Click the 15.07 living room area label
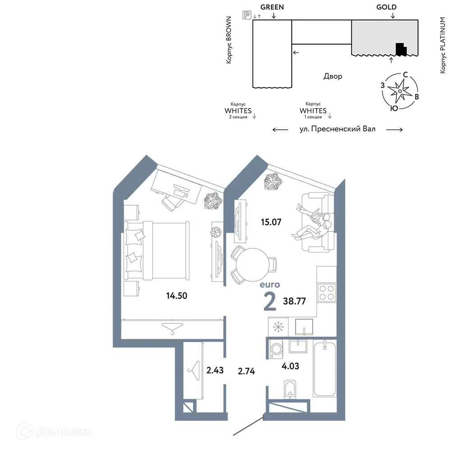click(271, 222)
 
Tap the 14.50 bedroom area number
click(177, 296)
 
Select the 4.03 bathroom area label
click(290, 366)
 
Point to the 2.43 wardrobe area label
click(215, 370)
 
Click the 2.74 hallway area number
click(246, 371)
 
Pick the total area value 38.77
click(294, 301)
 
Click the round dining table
click(252, 265)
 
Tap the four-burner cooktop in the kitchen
click(327, 293)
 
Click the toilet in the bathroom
click(290, 390)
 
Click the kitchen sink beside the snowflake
click(304, 327)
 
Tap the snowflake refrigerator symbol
click(278, 327)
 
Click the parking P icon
click(247, 15)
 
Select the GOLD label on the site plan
click(387, 7)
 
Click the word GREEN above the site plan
click(272, 7)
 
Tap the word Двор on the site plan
click(333, 76)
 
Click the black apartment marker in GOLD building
click(401, 49)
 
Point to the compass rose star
click(400, 91)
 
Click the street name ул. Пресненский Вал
click(337, 129)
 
